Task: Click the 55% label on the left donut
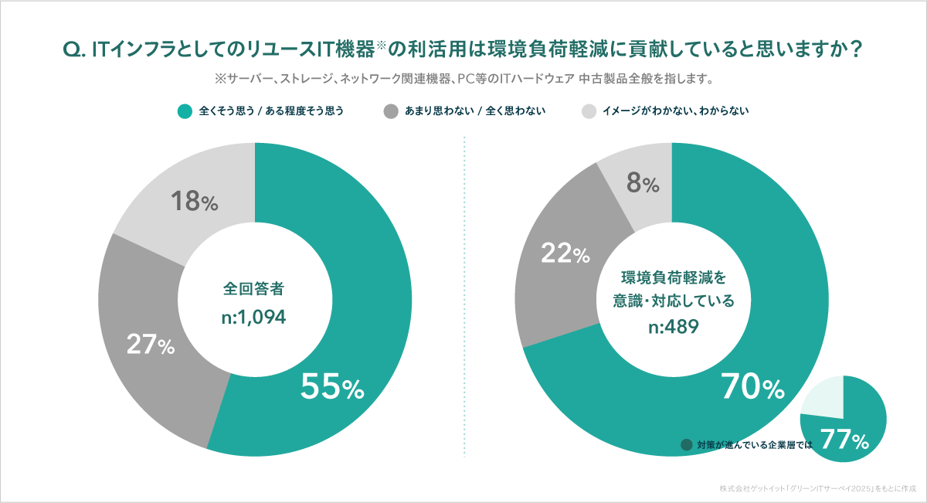click(x=331, y=388)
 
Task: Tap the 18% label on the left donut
click(x=193, y=202)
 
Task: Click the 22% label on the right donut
click(x=565, y=253)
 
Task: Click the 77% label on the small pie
click(x=844, y=440)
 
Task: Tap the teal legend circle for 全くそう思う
click(x=184, y=111)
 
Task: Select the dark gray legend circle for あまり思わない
click(x=390, y=111)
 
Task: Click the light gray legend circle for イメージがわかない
click(x=589, y=111)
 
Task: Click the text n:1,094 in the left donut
click(x=254, y=317)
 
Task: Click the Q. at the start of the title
click(x=74, y=49)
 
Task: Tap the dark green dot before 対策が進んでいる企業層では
click(x=686, y=445)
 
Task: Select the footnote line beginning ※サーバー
click(x=463, y=79)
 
